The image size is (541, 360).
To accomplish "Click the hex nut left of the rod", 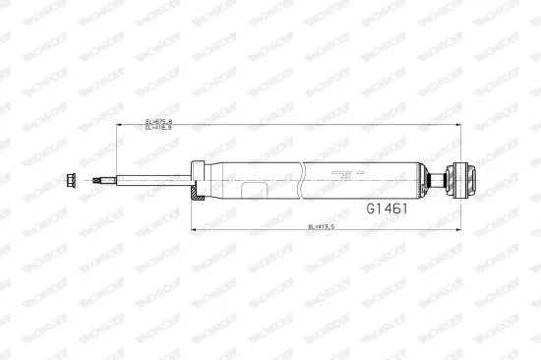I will coord(73,179).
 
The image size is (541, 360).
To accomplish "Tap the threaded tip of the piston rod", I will coord(102,179).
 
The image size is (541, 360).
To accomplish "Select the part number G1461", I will coord(387,209).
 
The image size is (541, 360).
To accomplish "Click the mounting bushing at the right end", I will coord(460,179).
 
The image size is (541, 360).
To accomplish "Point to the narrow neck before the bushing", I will coord(439,179).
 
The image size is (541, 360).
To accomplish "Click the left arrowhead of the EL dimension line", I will coord(118,125).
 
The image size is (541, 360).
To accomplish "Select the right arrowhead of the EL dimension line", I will coord(458,125).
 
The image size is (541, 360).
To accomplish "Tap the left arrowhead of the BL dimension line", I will coord(193,230).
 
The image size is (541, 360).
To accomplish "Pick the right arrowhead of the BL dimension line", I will coord(458,230).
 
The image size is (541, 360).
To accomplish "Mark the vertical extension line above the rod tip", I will coord(116,148).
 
